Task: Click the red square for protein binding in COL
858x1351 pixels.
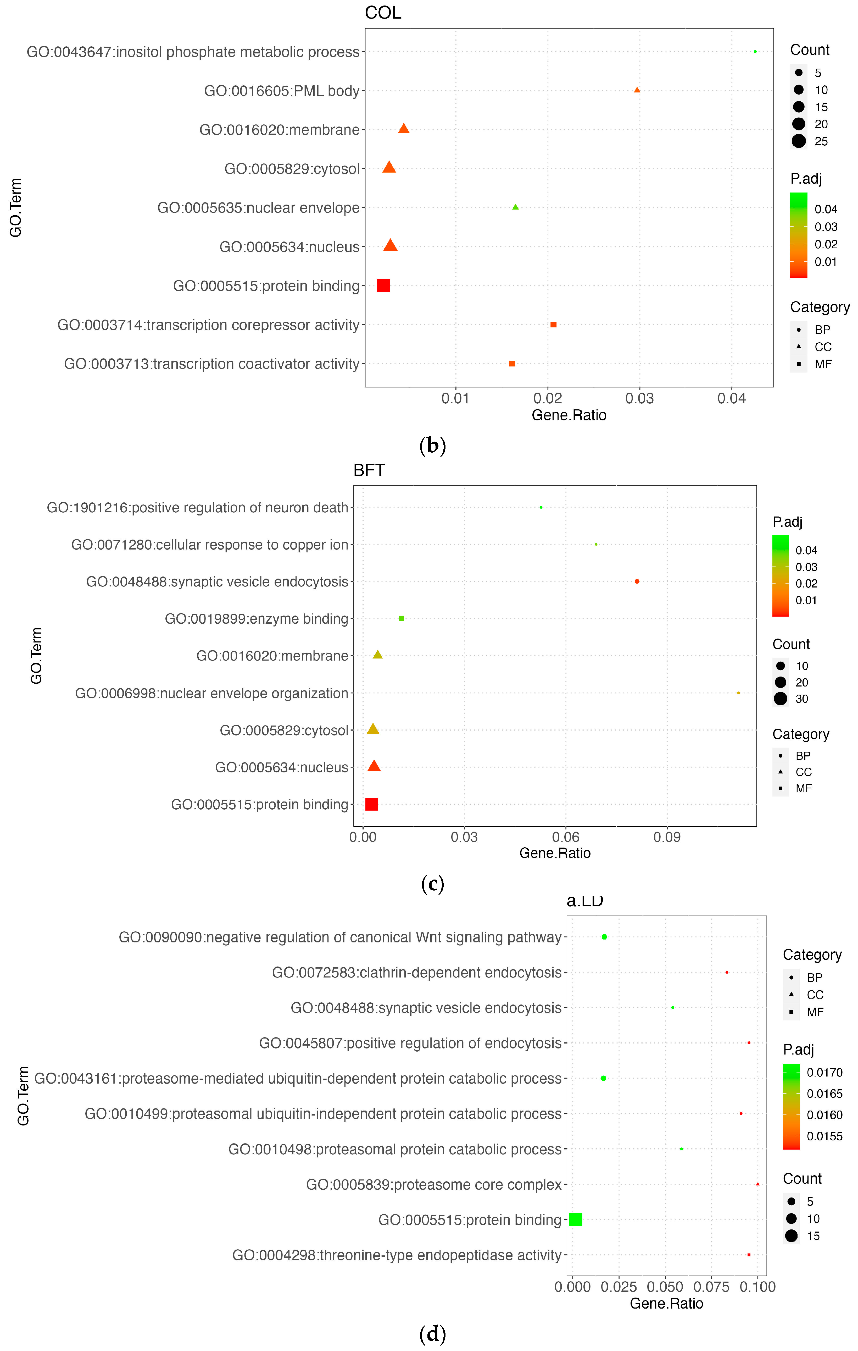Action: (x=383, y=285)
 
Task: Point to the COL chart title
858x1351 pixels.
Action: (x=383, y=13)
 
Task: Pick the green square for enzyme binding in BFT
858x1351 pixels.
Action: (x=401, y=618)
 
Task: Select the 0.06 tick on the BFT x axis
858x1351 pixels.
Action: (x=565, y=838)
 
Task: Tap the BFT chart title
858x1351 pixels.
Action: (x=369, y=470)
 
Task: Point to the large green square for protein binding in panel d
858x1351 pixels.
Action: (x=575, y=1219)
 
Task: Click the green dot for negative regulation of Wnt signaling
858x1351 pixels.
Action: (x=604, y=937)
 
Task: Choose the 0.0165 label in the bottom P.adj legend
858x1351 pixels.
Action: (x=824, y=1094)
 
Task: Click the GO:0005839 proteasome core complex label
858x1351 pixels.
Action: (x=433, y=1184)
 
